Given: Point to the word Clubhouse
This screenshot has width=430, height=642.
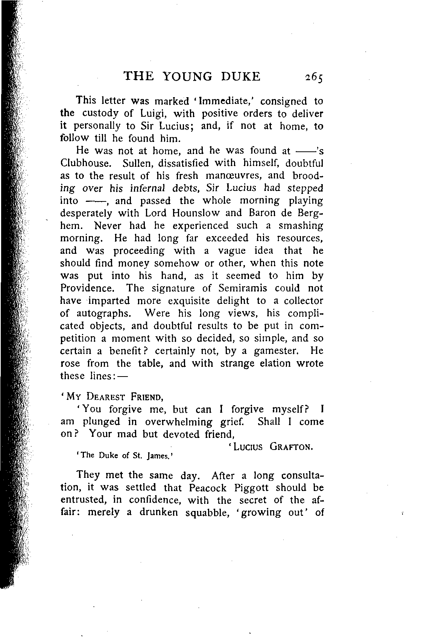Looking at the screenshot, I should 85,164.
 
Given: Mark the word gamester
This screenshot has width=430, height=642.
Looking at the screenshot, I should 277,351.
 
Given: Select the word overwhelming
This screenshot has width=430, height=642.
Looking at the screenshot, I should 178,422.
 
